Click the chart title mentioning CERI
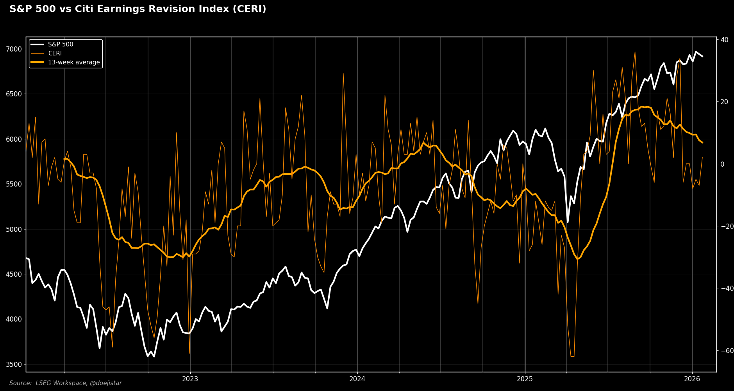click(x=138, y=9)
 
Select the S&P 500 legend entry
click(x=61, y=44)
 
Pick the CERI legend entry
click(x=55, y=53)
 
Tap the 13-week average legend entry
click(x=74, y=62)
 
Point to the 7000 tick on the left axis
click(x=14, y=49)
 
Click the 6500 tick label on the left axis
click(x=14, y=94)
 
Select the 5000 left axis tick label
click(x=14, y=229)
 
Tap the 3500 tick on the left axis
click(x=14, y=364)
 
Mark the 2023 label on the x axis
click(x=190, y=379)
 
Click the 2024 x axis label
click(x=357, y=379)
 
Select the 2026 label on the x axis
click(x=692, y=379)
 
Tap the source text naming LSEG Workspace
click(x=66, y=383)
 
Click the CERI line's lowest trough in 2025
click(x=572, y=356)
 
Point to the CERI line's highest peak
click(x=635, y=52)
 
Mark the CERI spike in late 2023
click(x=343, y=73)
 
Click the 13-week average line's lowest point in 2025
click(x=577, y=259)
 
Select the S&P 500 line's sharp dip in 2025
click(x=568, y=222)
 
